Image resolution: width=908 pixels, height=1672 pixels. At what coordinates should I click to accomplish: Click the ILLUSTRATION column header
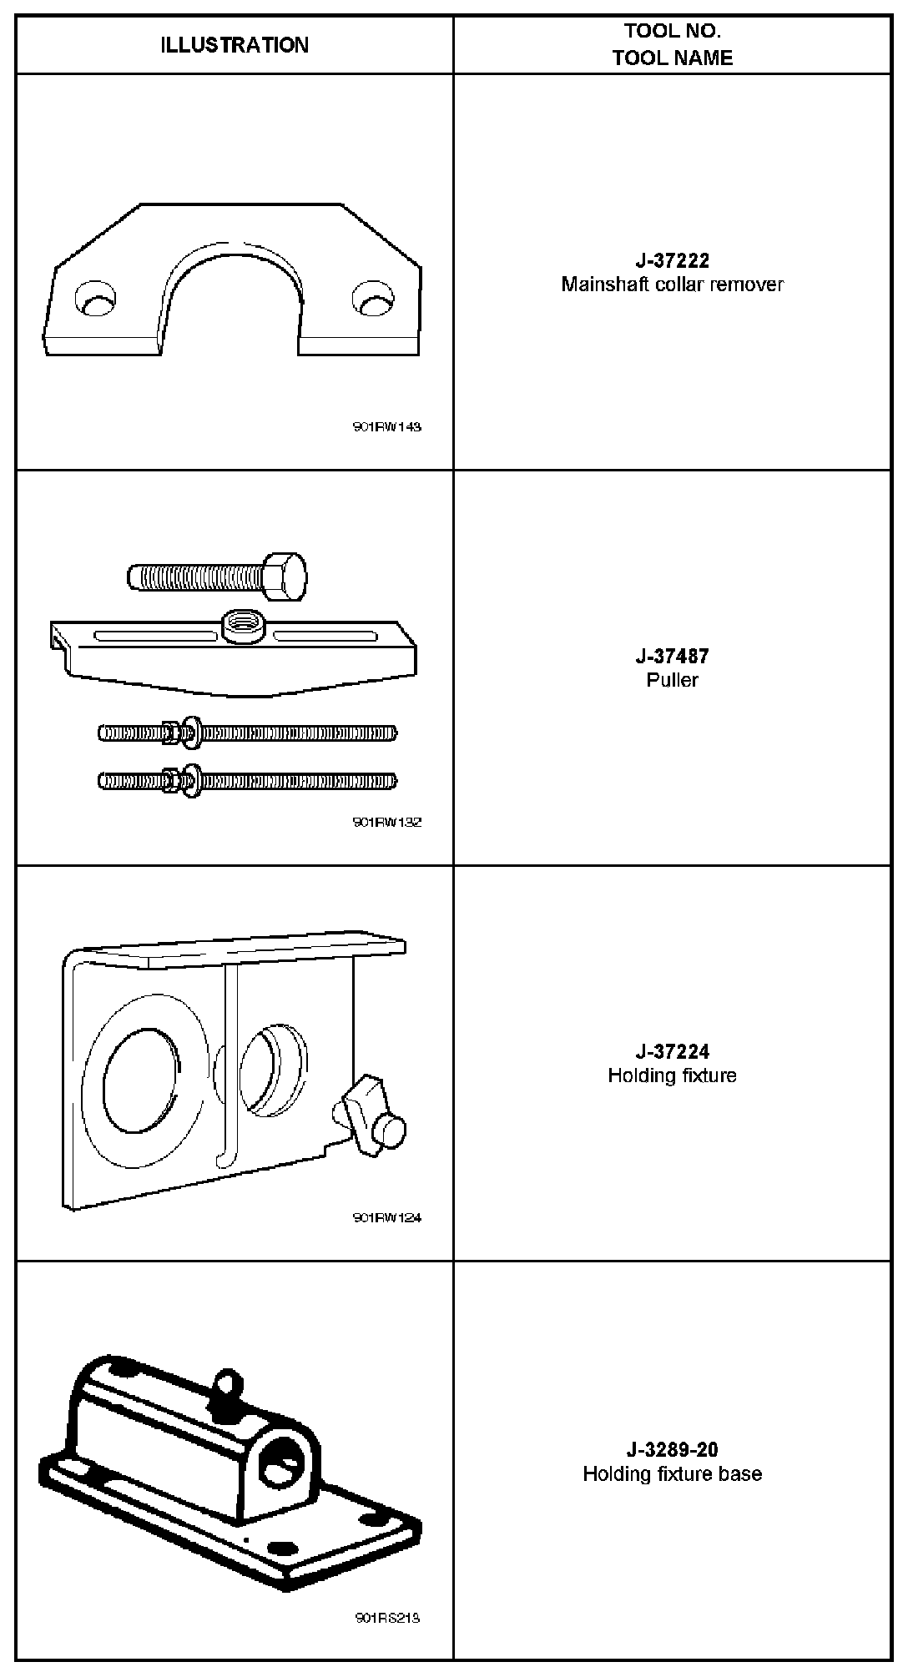[235, 45]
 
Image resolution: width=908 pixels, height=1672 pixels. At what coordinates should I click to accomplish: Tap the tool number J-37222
[672, 260]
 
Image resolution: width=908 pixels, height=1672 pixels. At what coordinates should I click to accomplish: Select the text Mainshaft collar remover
[672, 285]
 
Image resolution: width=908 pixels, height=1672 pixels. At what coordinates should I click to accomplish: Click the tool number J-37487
[672, 656]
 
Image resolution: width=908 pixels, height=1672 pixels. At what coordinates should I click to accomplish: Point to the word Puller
[672, 680]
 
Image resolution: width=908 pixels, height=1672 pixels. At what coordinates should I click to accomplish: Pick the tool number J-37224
[672, 1051]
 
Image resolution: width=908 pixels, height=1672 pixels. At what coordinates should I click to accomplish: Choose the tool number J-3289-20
[672, 1449]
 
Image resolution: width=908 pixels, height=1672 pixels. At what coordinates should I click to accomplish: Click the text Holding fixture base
[672, 1473]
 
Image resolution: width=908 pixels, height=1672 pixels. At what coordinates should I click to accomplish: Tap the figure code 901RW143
[387, 427]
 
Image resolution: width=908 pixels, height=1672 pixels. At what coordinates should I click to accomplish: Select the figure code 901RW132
[387, 822]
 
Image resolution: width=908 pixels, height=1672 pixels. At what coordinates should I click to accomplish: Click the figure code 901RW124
[387, 1217]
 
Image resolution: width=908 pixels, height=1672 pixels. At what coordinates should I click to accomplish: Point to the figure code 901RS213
[387, 1618]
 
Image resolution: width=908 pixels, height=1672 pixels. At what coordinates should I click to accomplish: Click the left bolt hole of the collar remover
[93, 300]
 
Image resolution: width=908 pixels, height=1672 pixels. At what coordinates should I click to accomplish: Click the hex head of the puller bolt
[285, 576]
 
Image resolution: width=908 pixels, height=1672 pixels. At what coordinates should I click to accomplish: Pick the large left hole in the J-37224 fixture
[142, 1080]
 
